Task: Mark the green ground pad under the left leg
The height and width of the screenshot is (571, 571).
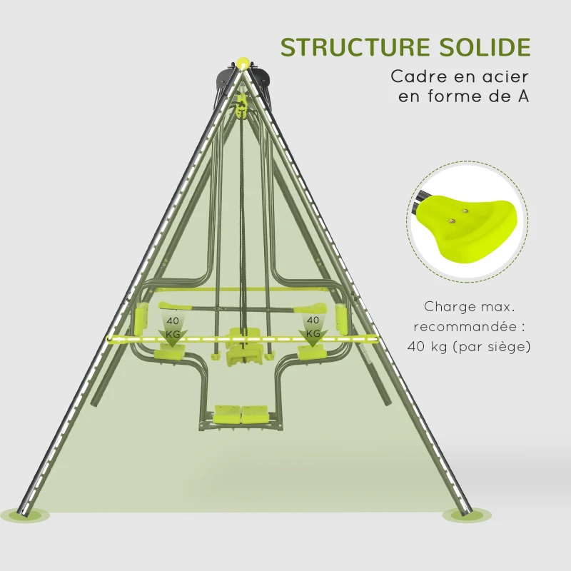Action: [x=21, y=512]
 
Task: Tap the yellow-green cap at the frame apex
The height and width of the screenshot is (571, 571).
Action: [x=243, y=62]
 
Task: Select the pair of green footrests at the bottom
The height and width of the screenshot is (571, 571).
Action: [x=242, y=413]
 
